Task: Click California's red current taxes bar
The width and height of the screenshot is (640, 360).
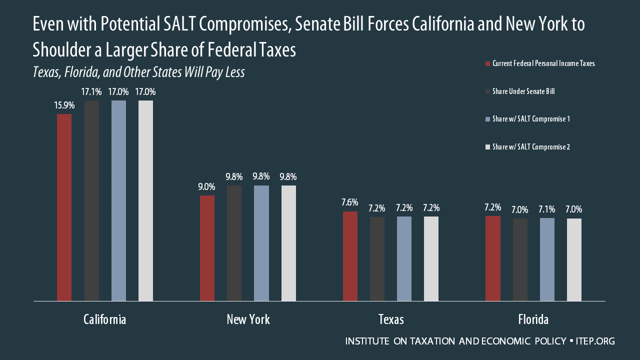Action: click(64, 207)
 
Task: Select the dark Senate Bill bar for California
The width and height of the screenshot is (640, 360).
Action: click(91, 200)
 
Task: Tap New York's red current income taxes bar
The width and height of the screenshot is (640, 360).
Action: click(207, 248)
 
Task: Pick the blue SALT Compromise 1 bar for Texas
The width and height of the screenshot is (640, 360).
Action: click(404, 258)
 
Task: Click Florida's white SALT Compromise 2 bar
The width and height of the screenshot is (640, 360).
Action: click(574, 259)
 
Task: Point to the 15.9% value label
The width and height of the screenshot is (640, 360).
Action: click(64, 105)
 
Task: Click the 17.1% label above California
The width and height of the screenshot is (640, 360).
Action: click(91, 92)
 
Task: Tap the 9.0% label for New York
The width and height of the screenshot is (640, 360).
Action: click(207, 187)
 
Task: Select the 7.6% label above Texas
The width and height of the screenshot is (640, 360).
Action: click(350, 202)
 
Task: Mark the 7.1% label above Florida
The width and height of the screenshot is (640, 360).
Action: click(547, 209)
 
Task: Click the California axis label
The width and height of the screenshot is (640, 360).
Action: click(104, 319)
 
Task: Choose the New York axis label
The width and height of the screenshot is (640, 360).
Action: click(248, 319)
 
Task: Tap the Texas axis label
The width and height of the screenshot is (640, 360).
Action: click(391, 319)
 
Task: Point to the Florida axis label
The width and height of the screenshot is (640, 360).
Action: click(533, 319)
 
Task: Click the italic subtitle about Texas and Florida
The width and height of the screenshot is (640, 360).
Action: click(138, 72)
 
